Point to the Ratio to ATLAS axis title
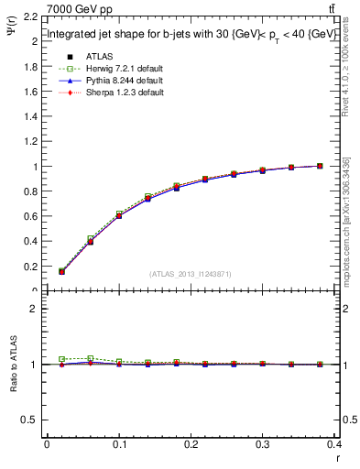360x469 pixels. [13, 365]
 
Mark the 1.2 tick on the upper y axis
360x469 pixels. [28, 142]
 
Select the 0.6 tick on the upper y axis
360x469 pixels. [28, 217]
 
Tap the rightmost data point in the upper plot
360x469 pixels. [320, 166]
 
